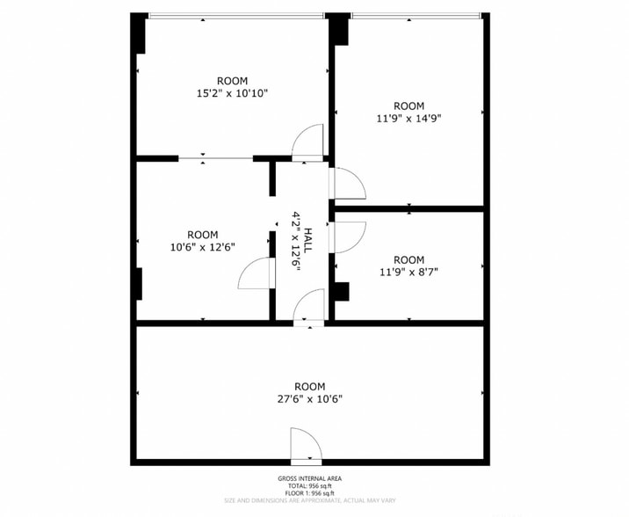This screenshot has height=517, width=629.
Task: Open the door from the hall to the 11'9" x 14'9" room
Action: (x=346, y=182)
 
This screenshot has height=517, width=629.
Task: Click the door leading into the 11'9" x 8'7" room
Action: (x=346, y=237)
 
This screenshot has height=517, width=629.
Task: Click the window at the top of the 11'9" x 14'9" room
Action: (x=416, y=16)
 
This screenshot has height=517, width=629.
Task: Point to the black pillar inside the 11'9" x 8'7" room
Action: (x=342, y=291)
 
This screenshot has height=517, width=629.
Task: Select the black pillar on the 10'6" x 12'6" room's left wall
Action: (x=138, y=283)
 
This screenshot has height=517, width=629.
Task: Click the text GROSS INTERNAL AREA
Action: (x=310, y=478)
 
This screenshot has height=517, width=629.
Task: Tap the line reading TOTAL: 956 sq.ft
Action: (x=310, y=485)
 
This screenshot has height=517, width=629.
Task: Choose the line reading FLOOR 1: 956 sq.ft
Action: (x=310, y=492)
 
